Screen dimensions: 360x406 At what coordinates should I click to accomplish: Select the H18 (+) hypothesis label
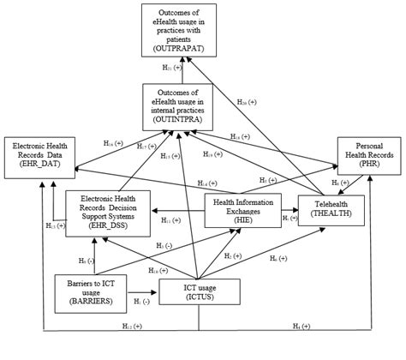[x=240, y=135]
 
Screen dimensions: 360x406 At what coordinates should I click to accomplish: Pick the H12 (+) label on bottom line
[x=131, y=324]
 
